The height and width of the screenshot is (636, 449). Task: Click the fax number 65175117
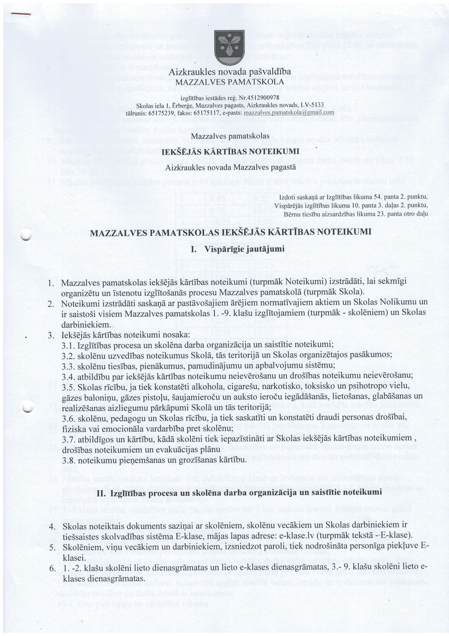click(207, 113)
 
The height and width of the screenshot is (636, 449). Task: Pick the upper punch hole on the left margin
click(26, 236)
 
